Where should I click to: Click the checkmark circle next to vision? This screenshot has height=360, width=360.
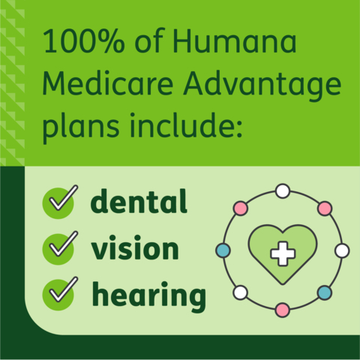[x=59, y=247]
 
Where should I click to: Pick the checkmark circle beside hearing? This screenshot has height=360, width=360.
[x=59, y=294]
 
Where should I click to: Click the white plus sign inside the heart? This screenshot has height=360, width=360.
[x=282, y=253]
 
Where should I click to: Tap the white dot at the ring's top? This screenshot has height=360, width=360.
[x=283, y=190]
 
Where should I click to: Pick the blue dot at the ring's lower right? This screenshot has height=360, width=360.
[x=324, y=292]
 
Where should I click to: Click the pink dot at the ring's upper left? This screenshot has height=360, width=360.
[x=241, y=208]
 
